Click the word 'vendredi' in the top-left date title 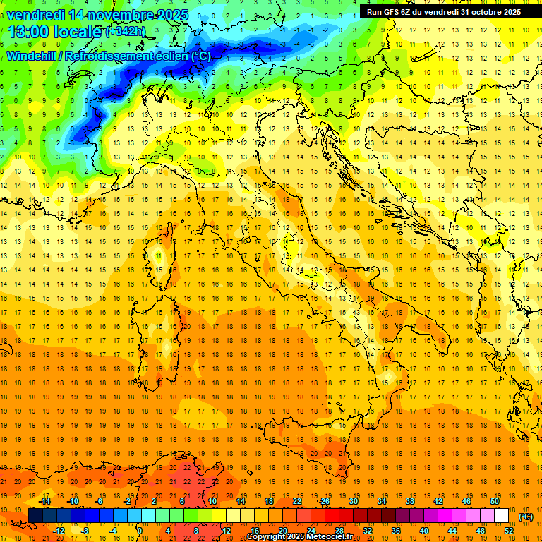(x=33, y=15)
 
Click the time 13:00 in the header (x=30, y=32)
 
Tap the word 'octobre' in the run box (x=479, y=12)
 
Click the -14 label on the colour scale (x=44, y=501)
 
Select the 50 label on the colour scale (x=494, y=501)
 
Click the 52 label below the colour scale (x=508, y=531)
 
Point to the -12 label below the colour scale (x=59, y=531)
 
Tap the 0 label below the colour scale (x=140, y=531)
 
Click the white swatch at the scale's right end (x=501, y=516)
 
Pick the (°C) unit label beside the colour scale (x=526, y=517)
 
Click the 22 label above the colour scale (x=297, y=501)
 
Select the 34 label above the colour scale (x=382, y=501)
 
